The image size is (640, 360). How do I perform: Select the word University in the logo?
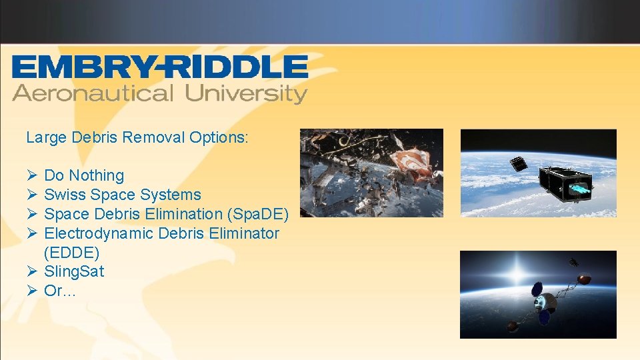pyautogui.click(x=246, y=93)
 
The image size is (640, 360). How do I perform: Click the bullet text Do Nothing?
pyautogui.click(x=84, y=175)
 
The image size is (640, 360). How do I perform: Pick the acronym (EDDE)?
pyautogui.click(x=71, y=253)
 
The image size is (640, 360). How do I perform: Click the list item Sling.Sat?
pyautogui.click(x=74, y=271)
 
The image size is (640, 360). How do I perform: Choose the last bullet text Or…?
pyautogui.click(x=60, y=291)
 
